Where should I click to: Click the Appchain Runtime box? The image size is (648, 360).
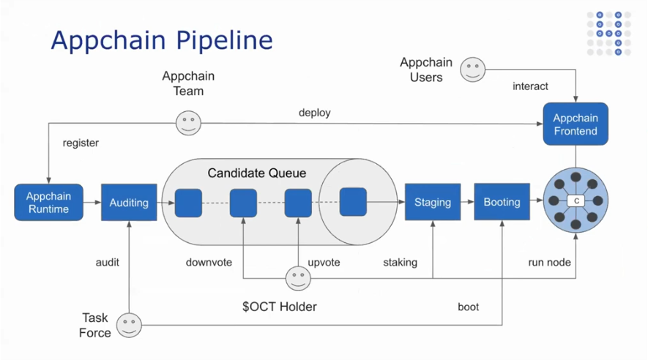point(48,203)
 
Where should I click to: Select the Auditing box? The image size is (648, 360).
point(129,203)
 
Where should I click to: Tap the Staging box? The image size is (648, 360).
point(433,203)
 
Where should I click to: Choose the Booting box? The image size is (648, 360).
point(502,203)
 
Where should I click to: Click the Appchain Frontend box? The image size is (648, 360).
point(575,124)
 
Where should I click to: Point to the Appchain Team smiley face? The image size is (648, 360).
point(189,122)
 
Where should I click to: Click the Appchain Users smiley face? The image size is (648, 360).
point(473,70)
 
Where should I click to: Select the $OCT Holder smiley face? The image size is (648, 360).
point(298,278)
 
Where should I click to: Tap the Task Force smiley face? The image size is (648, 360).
point(130,324)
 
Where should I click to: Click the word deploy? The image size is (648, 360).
point(315,113)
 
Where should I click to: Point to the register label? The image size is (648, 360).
point(81,143)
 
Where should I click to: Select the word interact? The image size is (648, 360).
point(530,86)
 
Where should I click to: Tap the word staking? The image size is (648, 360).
point(400,262)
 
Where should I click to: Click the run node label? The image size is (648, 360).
point(549,262)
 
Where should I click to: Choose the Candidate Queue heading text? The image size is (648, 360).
point(257,173)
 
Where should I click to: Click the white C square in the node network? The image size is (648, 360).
point(576,201)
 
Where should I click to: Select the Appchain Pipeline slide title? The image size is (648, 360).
point(162,40)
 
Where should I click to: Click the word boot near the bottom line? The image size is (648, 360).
point(469,307)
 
